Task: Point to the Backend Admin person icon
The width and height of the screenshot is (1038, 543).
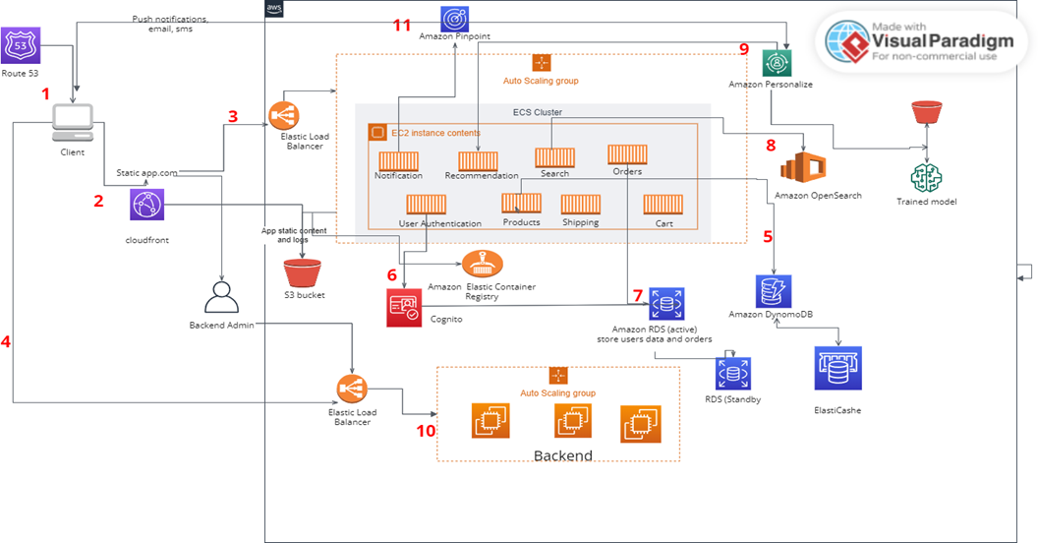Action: pyautogui.click(x=222, y=297)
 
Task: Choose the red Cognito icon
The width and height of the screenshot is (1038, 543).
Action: pyautogui.click(x=404, y=307)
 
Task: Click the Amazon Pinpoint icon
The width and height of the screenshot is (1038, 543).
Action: pyautogui.click(x=454, y=17)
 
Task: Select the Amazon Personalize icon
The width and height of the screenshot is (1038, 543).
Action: pyautogui.click(x=778, y=63)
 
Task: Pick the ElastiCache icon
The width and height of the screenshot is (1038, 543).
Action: pyautogui.click(x=837, y=369)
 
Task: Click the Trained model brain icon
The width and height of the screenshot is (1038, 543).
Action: pyautogui.click(x=926, y=177)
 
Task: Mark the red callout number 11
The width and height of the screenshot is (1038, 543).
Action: pyautogui.click(x=402, y=24)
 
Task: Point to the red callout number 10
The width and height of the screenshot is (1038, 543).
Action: pyautogui.click(x=425, y=430)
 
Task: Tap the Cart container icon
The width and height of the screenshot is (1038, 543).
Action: pyautogui.click(x=657, y=205)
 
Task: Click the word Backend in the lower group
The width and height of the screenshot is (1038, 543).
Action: pyautogui.click(x=563, y=455)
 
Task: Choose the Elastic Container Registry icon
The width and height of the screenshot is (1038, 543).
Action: pyautogui.click(x=482, y=265)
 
